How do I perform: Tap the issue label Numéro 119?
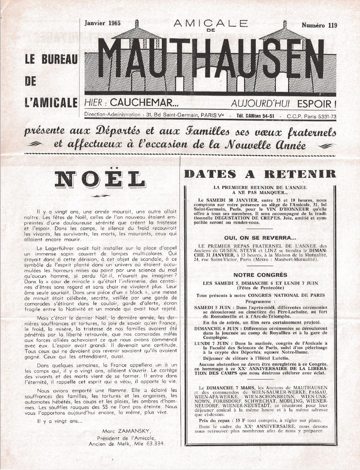pos(319,25)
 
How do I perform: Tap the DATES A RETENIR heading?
pos(260,174)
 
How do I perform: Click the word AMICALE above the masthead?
pos(210,23)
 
